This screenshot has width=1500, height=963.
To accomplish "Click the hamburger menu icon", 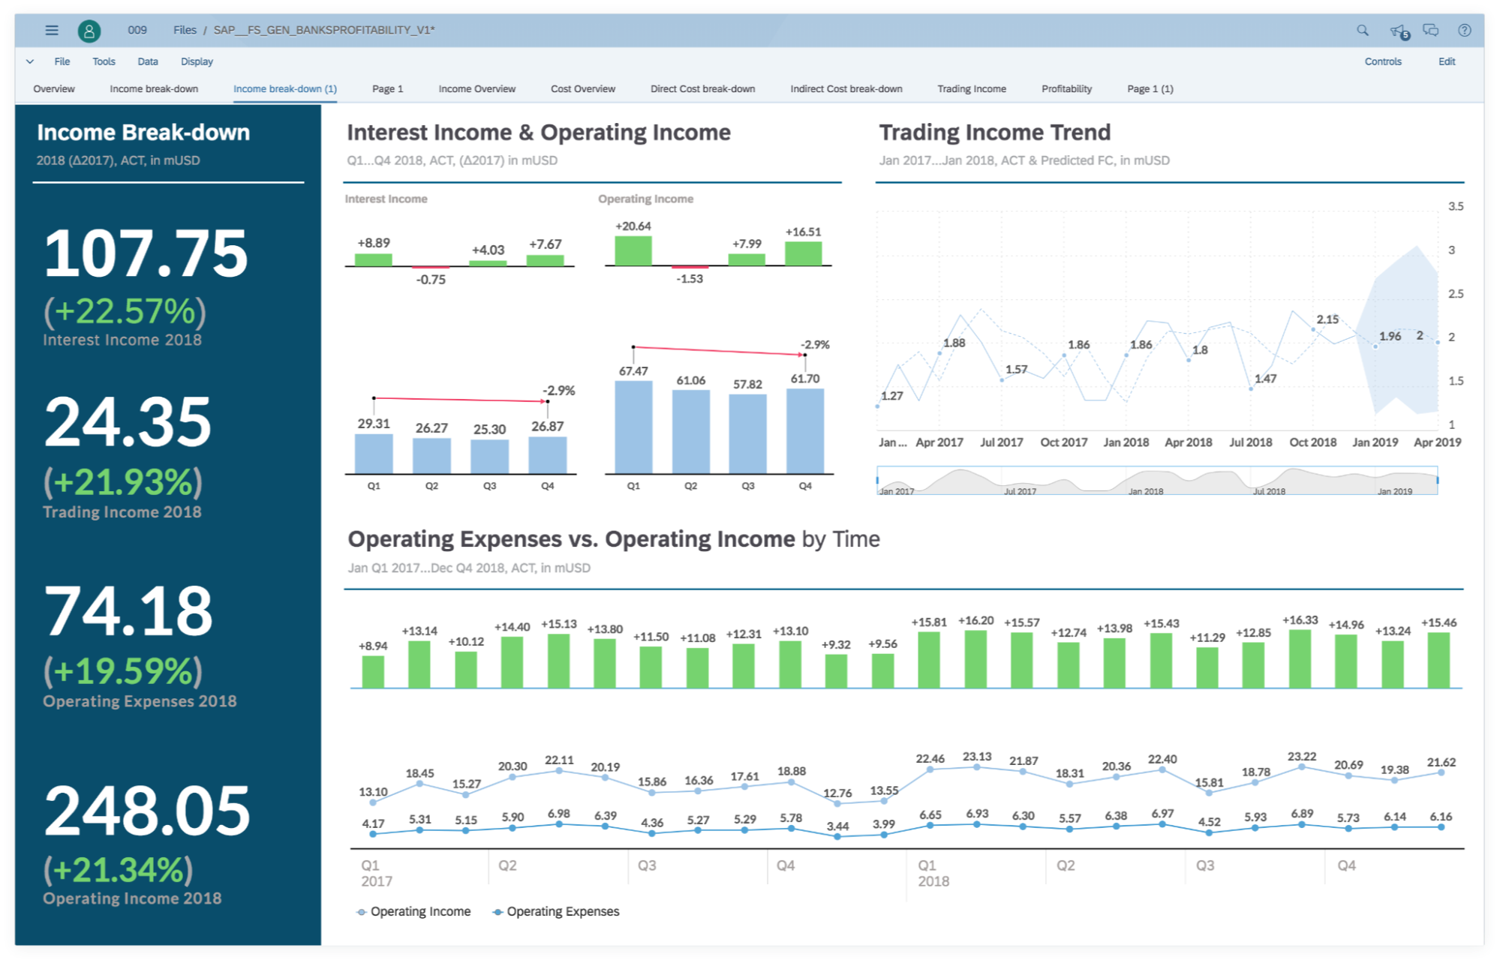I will pos(52,30).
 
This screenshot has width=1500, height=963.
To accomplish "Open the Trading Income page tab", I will pos(971,88).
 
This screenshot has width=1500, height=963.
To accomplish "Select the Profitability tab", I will pos(1066,88).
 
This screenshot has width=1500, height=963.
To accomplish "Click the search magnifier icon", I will pos(1362,30).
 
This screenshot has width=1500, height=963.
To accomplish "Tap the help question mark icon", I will pos(1464,30).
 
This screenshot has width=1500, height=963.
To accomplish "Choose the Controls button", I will pos(1382,61).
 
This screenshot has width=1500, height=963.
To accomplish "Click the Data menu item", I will pos(148,61).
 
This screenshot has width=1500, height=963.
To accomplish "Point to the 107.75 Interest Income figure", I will pos(146,253).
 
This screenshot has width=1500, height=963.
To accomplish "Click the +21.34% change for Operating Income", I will pos(119,870).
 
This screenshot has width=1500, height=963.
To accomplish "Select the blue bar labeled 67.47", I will pos(633,427).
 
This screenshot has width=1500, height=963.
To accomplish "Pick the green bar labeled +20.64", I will pos(633,250).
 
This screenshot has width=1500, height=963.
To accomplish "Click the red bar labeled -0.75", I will pos(431,267).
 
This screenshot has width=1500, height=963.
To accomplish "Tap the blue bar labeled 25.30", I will pos(489,456).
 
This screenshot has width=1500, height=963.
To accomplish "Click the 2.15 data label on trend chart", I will pos(1327,319).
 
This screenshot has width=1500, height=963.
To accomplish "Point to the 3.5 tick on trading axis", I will pos(1455,206).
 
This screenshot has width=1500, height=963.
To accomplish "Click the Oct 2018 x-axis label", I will pos(1312,442).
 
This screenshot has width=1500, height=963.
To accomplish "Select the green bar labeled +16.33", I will pos(1300,658).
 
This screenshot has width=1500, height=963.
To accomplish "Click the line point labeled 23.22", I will pos(1301,767).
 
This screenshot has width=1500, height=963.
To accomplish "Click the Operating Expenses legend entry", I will pos(562,911).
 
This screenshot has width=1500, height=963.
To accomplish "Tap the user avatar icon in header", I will pos(89,31).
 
